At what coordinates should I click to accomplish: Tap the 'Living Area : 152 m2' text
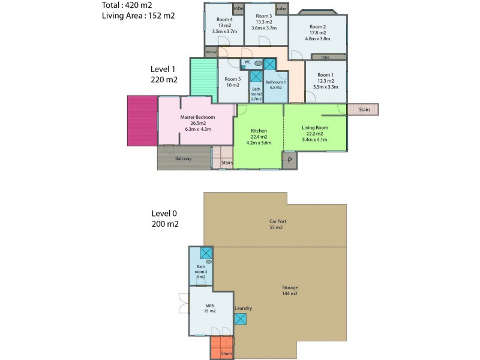pyautogui.click(x=139, y=16)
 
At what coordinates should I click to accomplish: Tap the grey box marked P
pyautogui.click(x=290, y=160)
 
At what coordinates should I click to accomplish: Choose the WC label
pyautogui.click(x=247, y=62)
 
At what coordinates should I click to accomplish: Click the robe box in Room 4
pyautogui.click(x=238, y=8)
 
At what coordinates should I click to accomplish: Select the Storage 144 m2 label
pyautogui.click(x=290, y=290)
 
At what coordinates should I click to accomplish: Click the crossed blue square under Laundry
pyautogui.click(x=240, y=319)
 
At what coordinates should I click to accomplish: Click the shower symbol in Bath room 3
pyautogui.click(x=206, y=253)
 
